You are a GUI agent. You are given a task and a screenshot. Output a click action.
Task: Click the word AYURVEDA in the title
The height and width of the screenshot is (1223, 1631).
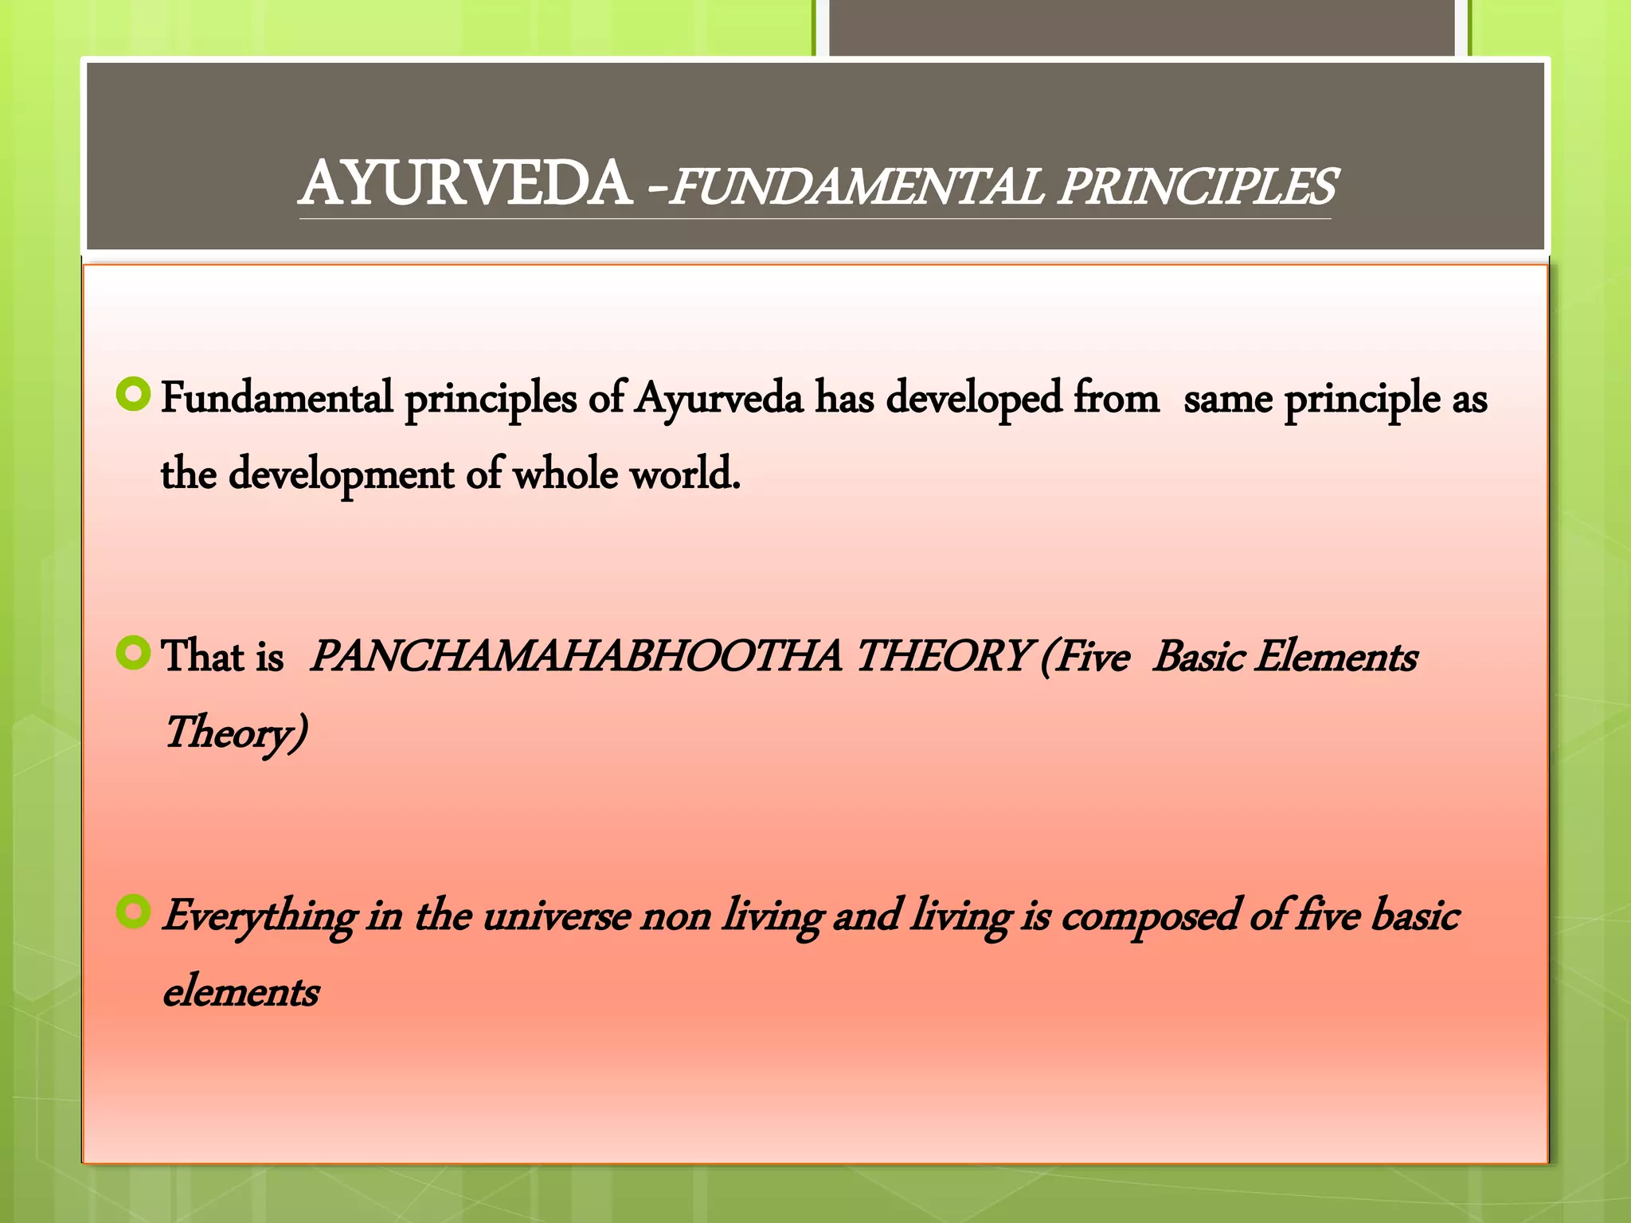pos(467,185)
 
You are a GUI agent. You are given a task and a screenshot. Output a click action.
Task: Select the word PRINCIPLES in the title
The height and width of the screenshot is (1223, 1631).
pos(1196,188)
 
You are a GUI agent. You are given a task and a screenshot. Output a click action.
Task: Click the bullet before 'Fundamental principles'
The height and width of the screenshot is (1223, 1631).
pos(133,395)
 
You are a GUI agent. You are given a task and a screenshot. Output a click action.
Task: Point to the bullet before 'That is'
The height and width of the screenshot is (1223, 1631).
pos(133,654)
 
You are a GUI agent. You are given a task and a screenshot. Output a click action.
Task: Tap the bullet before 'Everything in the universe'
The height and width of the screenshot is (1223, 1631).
pos(133,912)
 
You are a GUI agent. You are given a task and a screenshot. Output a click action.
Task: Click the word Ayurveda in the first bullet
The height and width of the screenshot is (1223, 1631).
pos(718,398)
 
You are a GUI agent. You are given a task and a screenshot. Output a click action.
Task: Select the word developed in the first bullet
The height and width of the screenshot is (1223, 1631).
pos(973,398)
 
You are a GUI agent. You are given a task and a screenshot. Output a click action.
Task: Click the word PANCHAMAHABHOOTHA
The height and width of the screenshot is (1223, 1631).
pos(575,657)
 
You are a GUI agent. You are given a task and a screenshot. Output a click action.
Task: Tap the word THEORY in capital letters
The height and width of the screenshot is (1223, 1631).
pos(941,657)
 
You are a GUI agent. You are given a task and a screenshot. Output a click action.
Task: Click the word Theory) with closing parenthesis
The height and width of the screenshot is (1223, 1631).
pos(235,733)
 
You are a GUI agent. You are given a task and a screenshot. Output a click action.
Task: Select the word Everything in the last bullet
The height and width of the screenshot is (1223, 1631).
pos(259,916)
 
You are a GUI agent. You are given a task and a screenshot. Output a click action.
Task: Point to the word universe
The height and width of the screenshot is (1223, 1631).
pos(557,916)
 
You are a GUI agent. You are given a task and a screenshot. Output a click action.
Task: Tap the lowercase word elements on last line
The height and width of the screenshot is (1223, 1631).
pos(241,992)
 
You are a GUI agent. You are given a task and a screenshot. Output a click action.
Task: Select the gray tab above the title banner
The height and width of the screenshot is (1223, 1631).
pos(1142,28)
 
